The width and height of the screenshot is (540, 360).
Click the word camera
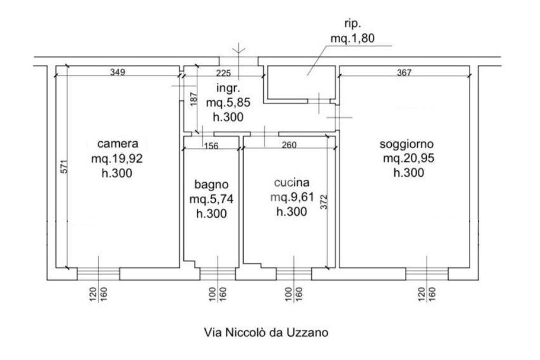point(118,143)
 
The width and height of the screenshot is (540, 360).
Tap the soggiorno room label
point(407,144)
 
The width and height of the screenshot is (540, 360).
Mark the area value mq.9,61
point(291,198)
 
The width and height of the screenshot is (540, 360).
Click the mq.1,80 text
point(353,38)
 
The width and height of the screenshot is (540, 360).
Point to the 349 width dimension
point(117,72)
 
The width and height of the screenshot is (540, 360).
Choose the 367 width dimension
point(403,72)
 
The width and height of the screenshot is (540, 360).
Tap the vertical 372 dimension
point(324,201)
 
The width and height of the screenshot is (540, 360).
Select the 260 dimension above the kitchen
point(288,145)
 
